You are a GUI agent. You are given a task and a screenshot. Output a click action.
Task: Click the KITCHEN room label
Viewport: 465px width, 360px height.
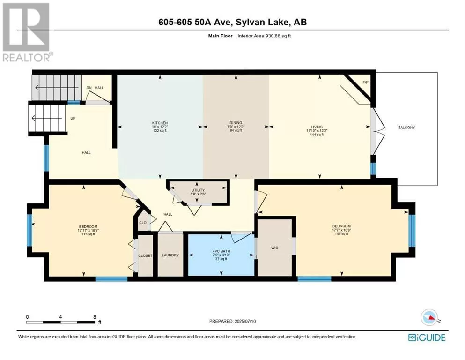160,123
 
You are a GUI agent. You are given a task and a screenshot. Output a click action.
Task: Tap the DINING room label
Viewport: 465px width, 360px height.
236,122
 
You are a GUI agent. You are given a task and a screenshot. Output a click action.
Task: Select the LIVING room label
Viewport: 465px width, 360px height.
317,127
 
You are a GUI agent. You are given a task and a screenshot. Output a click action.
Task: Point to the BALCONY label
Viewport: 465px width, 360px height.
406,127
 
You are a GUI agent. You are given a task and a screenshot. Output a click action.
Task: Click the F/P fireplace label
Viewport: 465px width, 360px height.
365,82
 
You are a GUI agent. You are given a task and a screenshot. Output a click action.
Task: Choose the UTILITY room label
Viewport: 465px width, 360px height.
198,190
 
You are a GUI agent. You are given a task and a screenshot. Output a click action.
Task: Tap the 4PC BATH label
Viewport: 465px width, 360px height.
221,251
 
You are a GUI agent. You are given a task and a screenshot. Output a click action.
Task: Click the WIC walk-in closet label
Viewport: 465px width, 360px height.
274,247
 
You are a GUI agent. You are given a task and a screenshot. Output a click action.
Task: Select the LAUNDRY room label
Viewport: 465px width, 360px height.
170,255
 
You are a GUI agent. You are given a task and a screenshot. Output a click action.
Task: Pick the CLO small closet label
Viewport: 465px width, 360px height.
143,223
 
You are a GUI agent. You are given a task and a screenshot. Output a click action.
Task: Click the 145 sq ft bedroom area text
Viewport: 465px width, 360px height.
341,234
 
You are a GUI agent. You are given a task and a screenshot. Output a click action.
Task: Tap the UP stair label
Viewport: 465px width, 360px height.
73,118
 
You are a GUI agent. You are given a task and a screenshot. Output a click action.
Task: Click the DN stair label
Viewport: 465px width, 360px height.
89,88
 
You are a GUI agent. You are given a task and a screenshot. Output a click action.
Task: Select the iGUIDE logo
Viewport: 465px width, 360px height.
427,337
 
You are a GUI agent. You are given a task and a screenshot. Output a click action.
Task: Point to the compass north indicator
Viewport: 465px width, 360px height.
429,317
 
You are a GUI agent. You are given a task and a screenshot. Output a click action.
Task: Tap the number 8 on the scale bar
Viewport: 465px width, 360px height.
95,317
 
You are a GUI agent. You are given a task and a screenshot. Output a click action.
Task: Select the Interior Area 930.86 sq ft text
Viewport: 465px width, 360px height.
264,36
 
